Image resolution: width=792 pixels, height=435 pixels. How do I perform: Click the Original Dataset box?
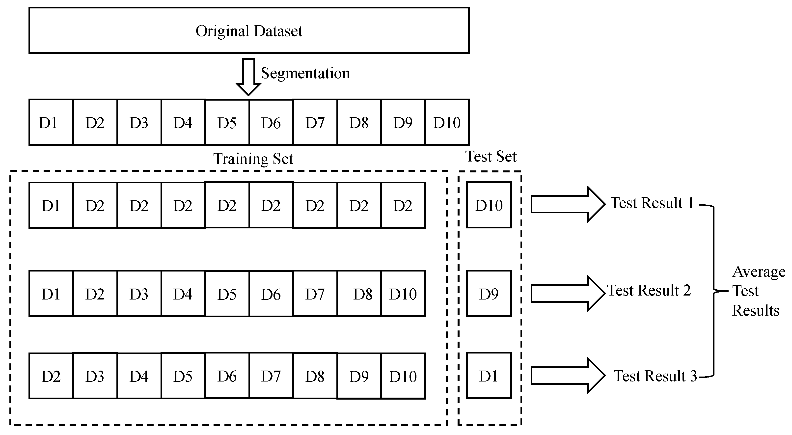(249, 31)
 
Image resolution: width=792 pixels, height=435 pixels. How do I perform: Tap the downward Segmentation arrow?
(248, 77)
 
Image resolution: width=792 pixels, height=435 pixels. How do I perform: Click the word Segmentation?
(305, 73)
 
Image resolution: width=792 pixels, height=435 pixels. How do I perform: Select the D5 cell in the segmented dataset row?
(227, 123)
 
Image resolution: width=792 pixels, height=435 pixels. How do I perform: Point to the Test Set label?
(491, 157)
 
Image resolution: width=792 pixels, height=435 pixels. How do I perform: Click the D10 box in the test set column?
(489, 205)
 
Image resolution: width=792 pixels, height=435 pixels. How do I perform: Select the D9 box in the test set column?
(489, 294)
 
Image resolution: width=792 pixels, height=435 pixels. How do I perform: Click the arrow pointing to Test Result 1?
(567, 204)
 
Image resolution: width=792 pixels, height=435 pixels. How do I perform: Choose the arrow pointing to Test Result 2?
(567, 293)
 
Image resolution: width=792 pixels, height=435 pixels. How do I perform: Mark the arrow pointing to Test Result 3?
(567, 375)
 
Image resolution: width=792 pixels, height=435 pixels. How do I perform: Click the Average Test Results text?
(758, 291)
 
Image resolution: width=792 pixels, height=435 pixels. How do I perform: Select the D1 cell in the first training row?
(51, 205)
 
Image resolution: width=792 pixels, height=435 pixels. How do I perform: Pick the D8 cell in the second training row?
(359, 294)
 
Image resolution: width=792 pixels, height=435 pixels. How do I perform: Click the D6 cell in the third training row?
(227, 376)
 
